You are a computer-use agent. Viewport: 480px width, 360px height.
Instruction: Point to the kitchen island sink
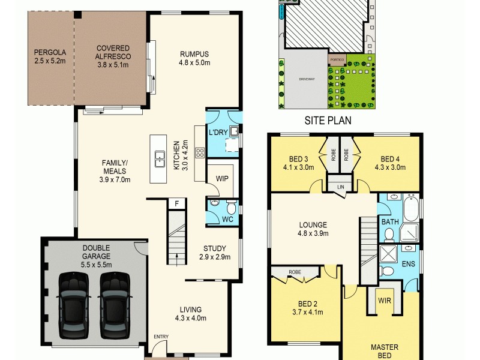(160, 159)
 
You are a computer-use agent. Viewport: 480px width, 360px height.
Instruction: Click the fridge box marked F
(177, 203)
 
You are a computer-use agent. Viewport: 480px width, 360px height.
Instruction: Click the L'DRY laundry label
(216, 132)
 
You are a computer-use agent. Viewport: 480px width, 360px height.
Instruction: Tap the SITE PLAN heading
(328, 120)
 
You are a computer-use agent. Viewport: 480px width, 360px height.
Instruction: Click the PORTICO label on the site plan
(337, 60)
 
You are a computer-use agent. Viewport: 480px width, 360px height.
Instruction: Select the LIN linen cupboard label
(340, 187)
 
